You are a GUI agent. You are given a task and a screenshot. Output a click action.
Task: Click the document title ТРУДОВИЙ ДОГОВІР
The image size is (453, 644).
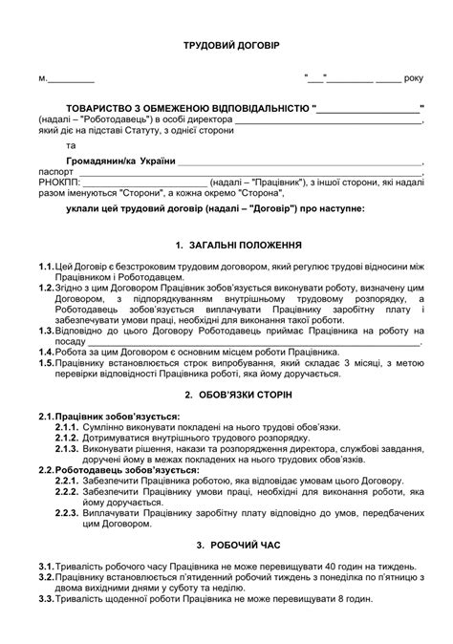pyautogui.click(x=226, y=46)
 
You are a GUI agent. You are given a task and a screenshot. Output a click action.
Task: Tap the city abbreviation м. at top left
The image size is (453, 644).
pyautogui.click(x=43, y=78)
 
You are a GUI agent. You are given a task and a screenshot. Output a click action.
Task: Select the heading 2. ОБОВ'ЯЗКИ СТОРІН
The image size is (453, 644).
pyautogui.click(x=226, y=394)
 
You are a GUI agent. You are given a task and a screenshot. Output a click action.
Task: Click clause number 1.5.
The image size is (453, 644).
pyautogui.click(x=46, y=364)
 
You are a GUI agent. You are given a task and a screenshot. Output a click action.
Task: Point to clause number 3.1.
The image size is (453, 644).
pyautogui.click(x=46, y=567)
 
